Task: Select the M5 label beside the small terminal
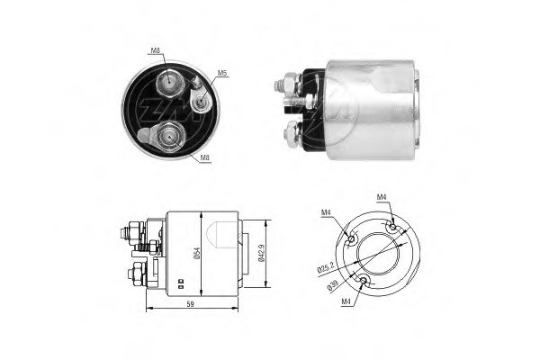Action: point(222,72)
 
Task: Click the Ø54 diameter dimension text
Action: point(196,254)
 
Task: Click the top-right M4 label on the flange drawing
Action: point(382,197)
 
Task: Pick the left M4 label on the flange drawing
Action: point(326,212)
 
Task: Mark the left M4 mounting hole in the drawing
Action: point(349,239)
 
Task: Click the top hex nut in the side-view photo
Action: point(291,85)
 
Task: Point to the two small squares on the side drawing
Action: point(181,282)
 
